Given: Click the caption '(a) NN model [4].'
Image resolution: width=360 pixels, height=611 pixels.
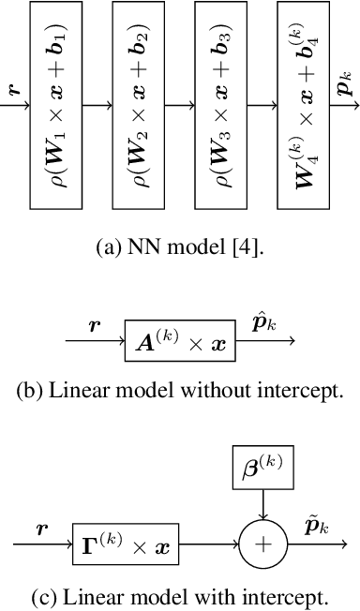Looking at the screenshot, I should tap(180, 249).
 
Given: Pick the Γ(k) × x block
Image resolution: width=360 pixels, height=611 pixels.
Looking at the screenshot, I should tap(126, 544).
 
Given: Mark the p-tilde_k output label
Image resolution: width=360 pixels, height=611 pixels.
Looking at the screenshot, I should tap(315, 527).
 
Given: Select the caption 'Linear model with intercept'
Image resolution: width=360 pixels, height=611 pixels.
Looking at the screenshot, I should tap(180, 596).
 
